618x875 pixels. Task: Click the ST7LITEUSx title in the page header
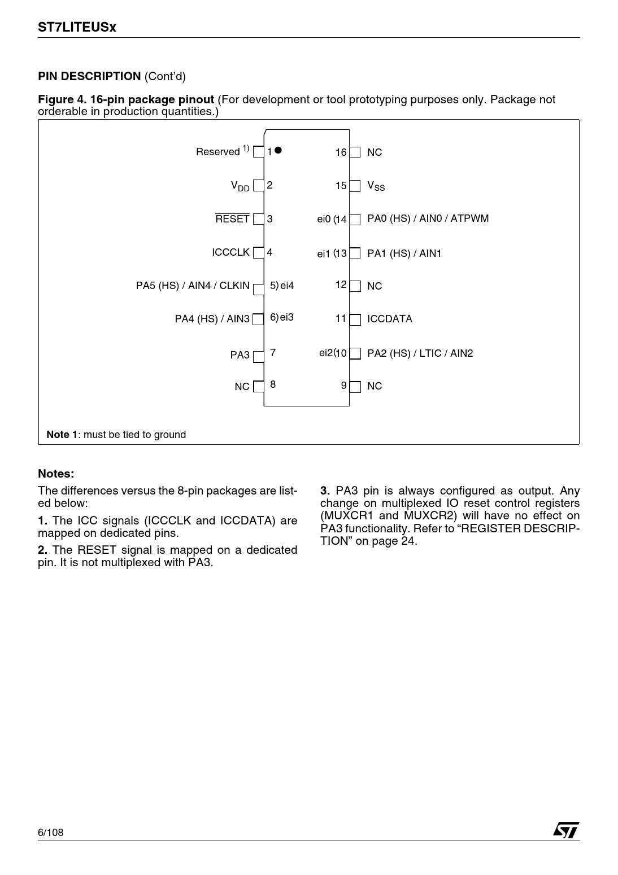click(x=77, y=27)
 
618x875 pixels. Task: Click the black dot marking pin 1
click(x=278, y=150)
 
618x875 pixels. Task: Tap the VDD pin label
click(x=240, y=186)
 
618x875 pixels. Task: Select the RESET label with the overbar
click(x=232, y=219)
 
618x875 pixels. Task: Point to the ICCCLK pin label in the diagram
click(x=230, y=252)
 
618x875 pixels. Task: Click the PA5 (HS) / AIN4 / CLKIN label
click(x=193, y=286)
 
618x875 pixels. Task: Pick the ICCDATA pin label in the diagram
click(x=390, y=319)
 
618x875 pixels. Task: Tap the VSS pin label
click(x=376, y=186)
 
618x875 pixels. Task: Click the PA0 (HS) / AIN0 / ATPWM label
click(x=428, y=218)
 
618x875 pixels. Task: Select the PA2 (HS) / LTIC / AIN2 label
click(x=420, y=353)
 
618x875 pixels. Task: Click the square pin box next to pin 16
click(x=355, y=152)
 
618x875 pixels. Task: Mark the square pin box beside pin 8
click(x=259, y=387)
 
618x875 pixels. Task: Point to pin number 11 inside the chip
click(x=341, y=318)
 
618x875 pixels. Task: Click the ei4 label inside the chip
click(x=287, y=286)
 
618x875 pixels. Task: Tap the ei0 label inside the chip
click(x=324, y=219)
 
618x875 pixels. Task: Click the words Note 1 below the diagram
click(x=62, y=435)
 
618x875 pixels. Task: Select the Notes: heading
click(x=56, y=474)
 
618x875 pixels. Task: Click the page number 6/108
click(x=51, y=833)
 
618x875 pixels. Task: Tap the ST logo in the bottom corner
click(x=566, y=829)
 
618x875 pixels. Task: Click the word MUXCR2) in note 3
click(x=430, y=515)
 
